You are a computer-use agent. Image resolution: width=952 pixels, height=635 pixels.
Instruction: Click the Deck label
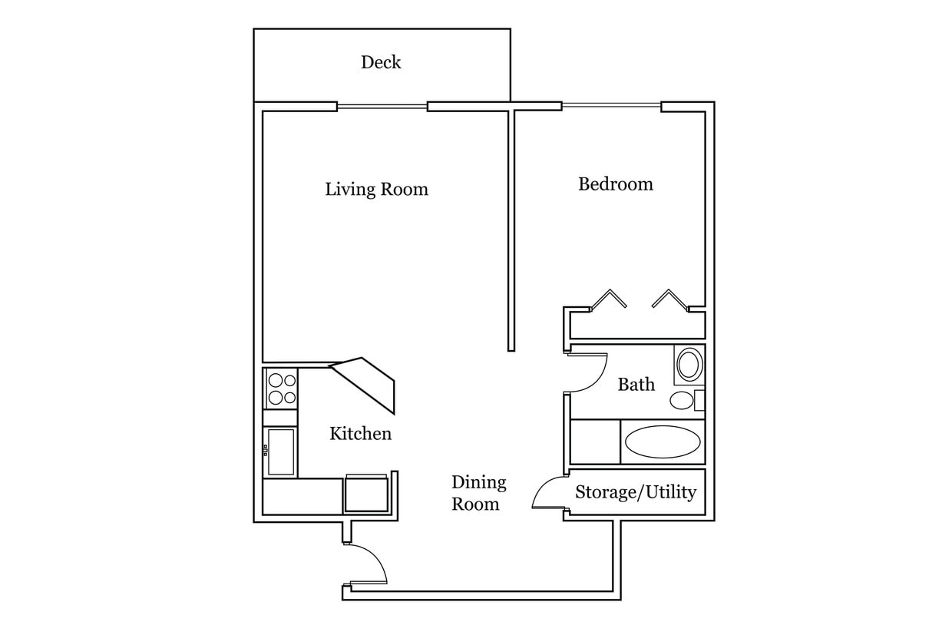[x=381, y=62]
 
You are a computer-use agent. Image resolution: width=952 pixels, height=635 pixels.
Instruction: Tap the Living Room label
[x=376, y=189]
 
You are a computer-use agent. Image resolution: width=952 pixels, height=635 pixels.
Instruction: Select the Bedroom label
[x=615, y=184]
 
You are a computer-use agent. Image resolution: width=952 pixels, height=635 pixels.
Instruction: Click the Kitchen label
[x=360, y=434]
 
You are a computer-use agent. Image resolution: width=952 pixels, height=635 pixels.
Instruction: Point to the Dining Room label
[x=478, y=493]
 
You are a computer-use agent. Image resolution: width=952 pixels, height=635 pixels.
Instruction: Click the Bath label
[x=636, y=384]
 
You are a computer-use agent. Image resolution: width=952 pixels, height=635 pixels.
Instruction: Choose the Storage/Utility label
[x=636, y=492]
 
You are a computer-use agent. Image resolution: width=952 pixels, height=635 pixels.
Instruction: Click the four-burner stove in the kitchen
[x=281, y=389]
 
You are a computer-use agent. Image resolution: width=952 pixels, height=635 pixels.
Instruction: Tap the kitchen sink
[x=280, y=452]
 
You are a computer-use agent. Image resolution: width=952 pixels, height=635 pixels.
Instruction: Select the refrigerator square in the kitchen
[x=366, y=494]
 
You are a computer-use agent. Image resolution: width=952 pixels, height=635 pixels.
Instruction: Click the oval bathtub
[x=662, y=442]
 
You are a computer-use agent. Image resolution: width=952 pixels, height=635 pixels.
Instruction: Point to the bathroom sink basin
[x=689, y=365]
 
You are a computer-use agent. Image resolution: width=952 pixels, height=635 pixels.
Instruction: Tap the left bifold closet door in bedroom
[x=609, y=299]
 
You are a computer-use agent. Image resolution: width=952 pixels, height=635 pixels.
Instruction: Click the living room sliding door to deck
[x=382, y=107]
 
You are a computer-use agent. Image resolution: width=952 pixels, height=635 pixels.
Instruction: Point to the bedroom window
[x=611, y=106]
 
